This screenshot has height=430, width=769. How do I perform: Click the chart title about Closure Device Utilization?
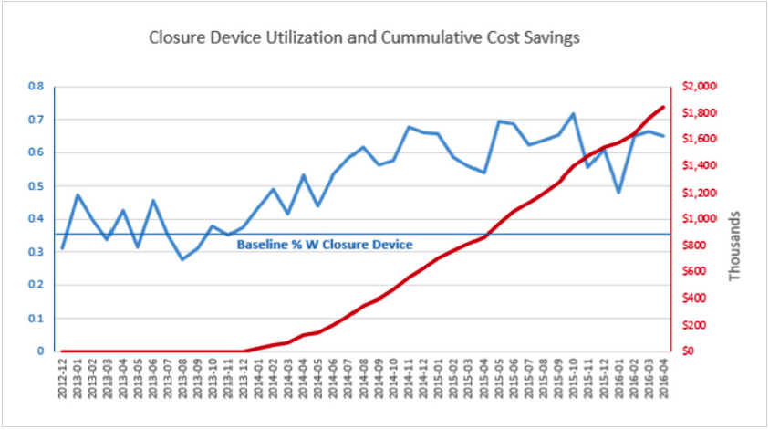coord(365,39)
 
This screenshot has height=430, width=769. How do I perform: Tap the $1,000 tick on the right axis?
coord(704,219)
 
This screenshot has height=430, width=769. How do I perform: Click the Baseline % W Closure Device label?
coord(325,245)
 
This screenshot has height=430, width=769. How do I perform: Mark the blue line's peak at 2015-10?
coord(573,114)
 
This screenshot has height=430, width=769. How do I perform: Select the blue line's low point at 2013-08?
coord(182,259)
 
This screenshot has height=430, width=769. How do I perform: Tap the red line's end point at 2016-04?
coord(662,107)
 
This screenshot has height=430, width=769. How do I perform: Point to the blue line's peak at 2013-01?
coord(78,194)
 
